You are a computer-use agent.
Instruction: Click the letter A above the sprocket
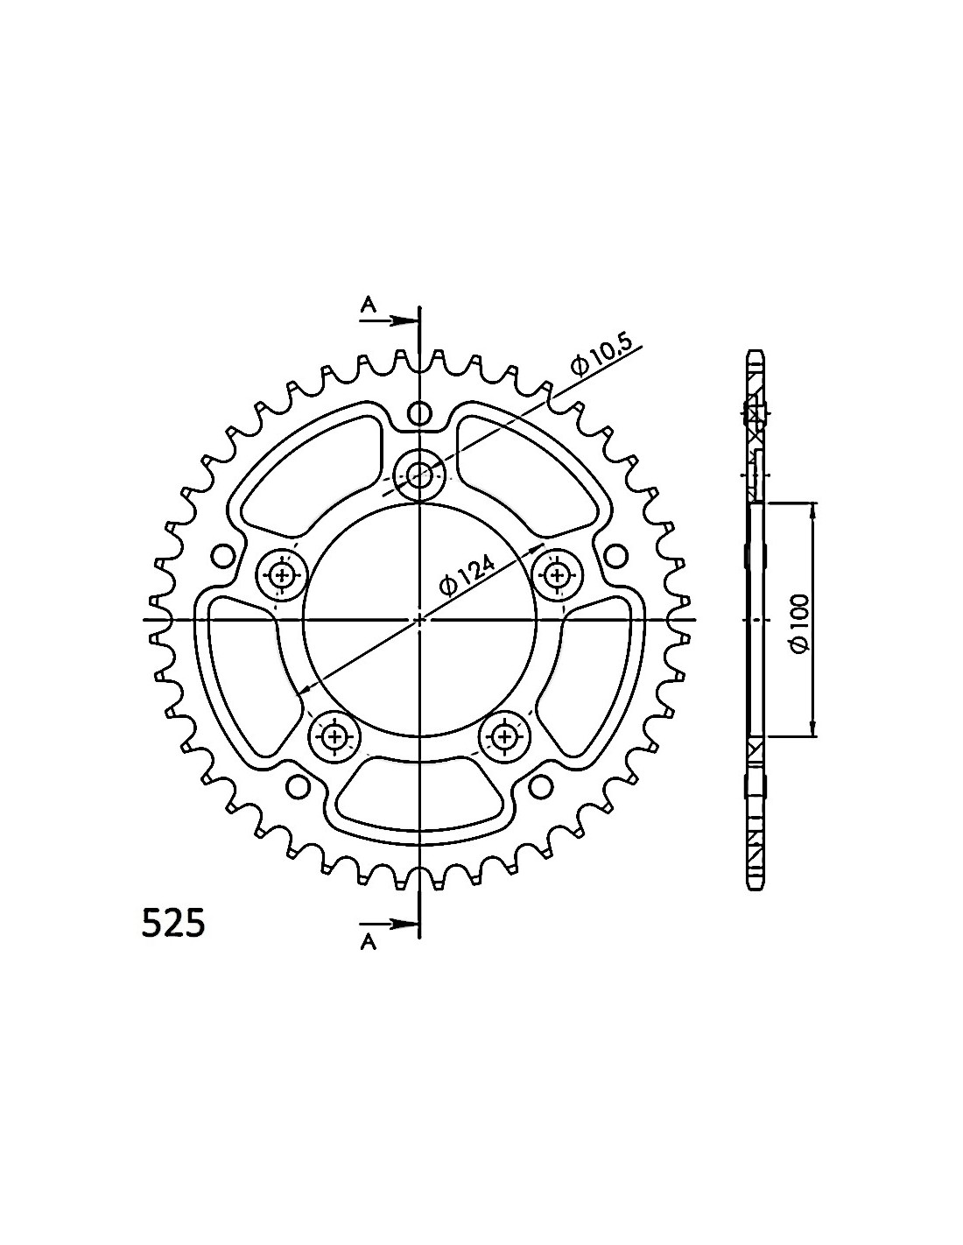click(369, 306)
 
